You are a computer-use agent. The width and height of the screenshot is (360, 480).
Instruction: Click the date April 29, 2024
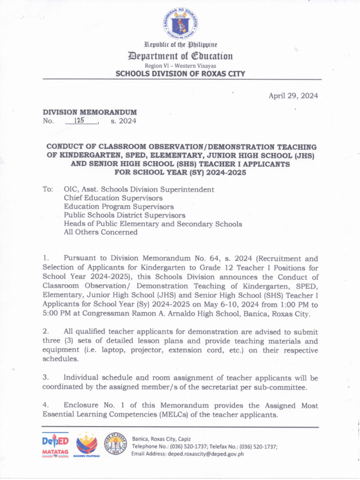pyautogui.click(x=293, y=96)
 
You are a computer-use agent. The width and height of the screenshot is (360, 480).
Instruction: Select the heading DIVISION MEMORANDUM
pyautogui.click(x=90, y=112)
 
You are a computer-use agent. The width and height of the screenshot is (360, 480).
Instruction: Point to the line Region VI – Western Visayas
pyautogui.click(x=180, y=66)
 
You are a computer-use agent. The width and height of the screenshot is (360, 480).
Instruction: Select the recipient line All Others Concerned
pyautogui.click(x=100, y=232)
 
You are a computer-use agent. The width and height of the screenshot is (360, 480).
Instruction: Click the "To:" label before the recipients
pyautogui.click(x=48, y=190)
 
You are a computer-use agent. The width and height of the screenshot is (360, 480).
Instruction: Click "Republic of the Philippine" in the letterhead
pyautogui.click(x=180, y=45)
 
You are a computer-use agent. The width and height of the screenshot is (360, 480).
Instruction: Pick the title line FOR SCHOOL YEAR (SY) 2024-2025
pyautogui.click(x=180, y=172)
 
